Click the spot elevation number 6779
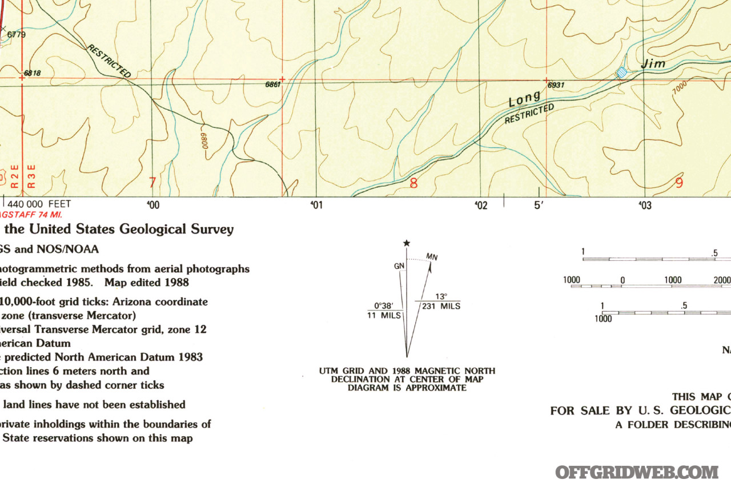(17, 34)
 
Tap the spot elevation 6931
(556, 85)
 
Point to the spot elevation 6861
(273, 84)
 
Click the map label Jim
(653, 63)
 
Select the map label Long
(524, 100)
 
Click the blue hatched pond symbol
(621, 73)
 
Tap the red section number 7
(152, 183)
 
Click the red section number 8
(414, 183)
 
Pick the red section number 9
(679, 183)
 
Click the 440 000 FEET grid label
(39, 204)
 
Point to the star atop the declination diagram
(406, 243)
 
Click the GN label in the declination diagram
(399, 266)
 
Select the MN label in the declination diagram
(432, 257)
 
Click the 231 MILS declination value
(440, 306)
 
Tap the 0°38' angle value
(384, 305)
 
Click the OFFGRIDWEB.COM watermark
(637, 472)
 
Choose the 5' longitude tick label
(539, 204)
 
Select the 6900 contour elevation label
(203, 142)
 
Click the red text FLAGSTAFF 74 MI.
(31, 215)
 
